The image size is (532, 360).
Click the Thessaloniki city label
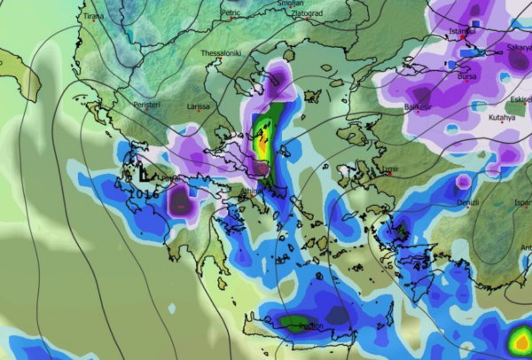222,53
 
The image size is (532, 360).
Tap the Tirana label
92,16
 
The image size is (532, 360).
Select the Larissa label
199,106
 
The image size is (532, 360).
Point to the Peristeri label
146,105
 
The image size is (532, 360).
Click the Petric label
231,13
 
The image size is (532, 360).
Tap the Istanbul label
463,31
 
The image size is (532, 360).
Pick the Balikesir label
418,106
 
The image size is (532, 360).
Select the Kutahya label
501,116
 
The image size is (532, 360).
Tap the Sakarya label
519,47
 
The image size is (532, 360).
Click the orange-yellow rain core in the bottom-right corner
521,340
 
